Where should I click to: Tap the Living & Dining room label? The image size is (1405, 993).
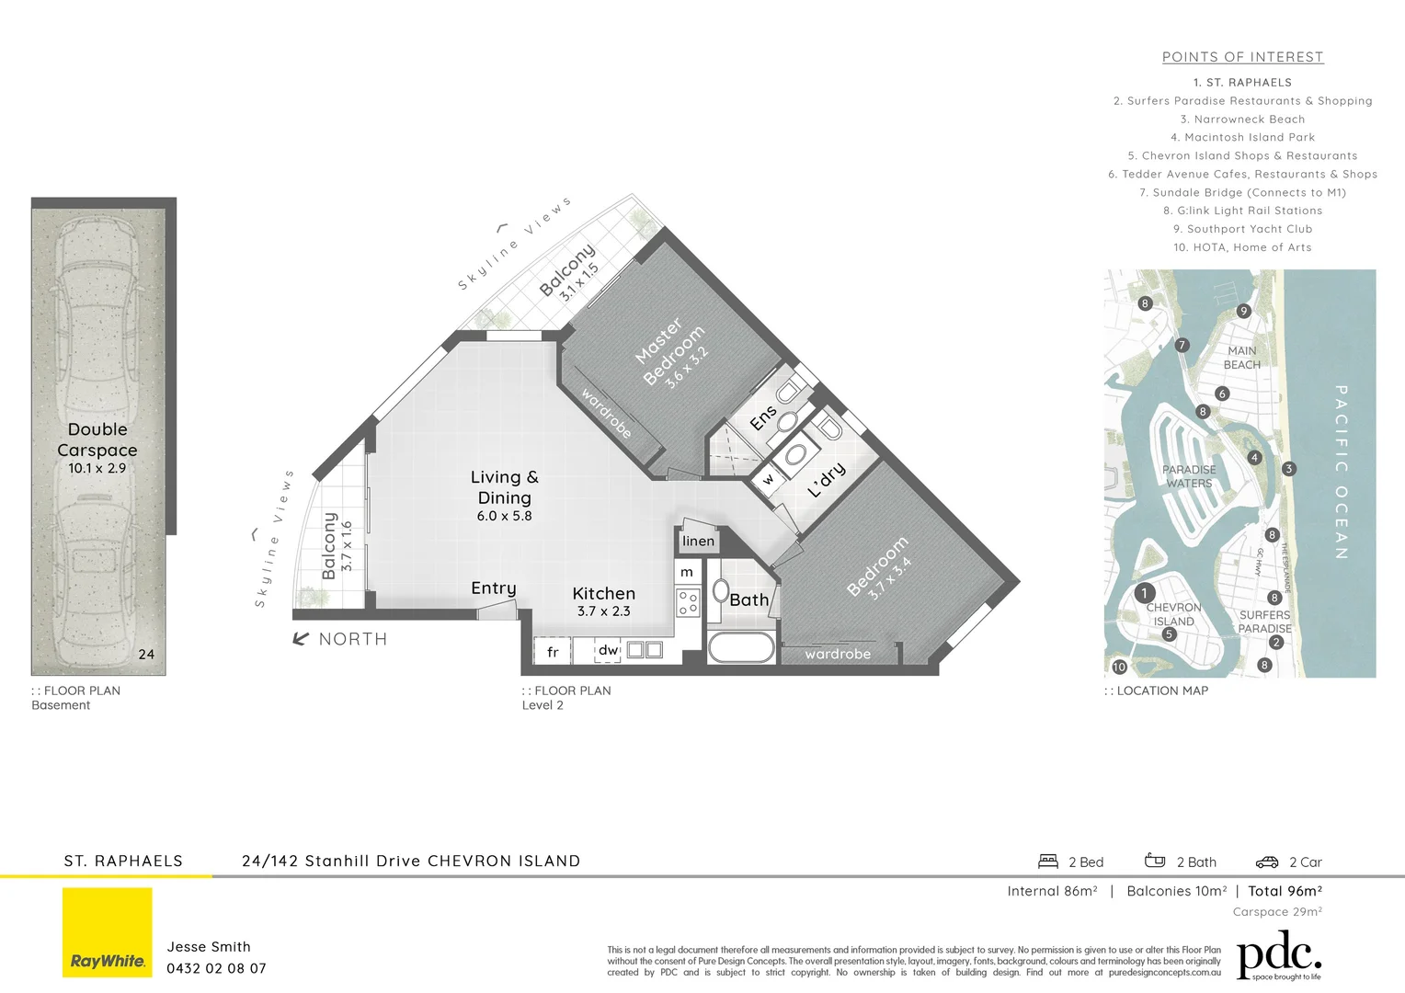[x=504, y=487]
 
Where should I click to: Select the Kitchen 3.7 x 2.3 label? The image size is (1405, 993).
[x=603, y=601]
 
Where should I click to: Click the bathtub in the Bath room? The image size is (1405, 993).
[x=741, y=646]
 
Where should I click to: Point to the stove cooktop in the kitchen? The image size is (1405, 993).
[x=687, y=603]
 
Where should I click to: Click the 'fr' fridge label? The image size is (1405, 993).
[x=553, y=652]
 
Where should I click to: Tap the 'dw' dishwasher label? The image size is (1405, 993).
[x=608, y=650]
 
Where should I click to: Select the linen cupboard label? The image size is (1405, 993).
[x=698, y=541]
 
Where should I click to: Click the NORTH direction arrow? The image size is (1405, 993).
[x=301, y=639]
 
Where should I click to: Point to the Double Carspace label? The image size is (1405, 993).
[x=97, y=439]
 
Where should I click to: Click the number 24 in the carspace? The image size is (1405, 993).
[x=146, y=655]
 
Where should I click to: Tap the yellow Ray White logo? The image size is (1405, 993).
[x=108, y=932]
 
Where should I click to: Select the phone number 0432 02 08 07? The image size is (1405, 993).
[x=216, y=968]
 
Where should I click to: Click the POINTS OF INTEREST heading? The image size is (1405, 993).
[x=1242, y=57]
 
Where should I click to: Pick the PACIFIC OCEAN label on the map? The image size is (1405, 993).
[x=1341, y=472]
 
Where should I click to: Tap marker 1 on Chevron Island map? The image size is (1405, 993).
[x=1144, y=593]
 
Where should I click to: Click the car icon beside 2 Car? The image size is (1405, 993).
[x=1266, y=862]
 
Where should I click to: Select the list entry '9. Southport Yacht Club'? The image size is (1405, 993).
[x=1242, y=229]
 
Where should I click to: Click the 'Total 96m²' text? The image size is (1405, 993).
[x=1285, y=891]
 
